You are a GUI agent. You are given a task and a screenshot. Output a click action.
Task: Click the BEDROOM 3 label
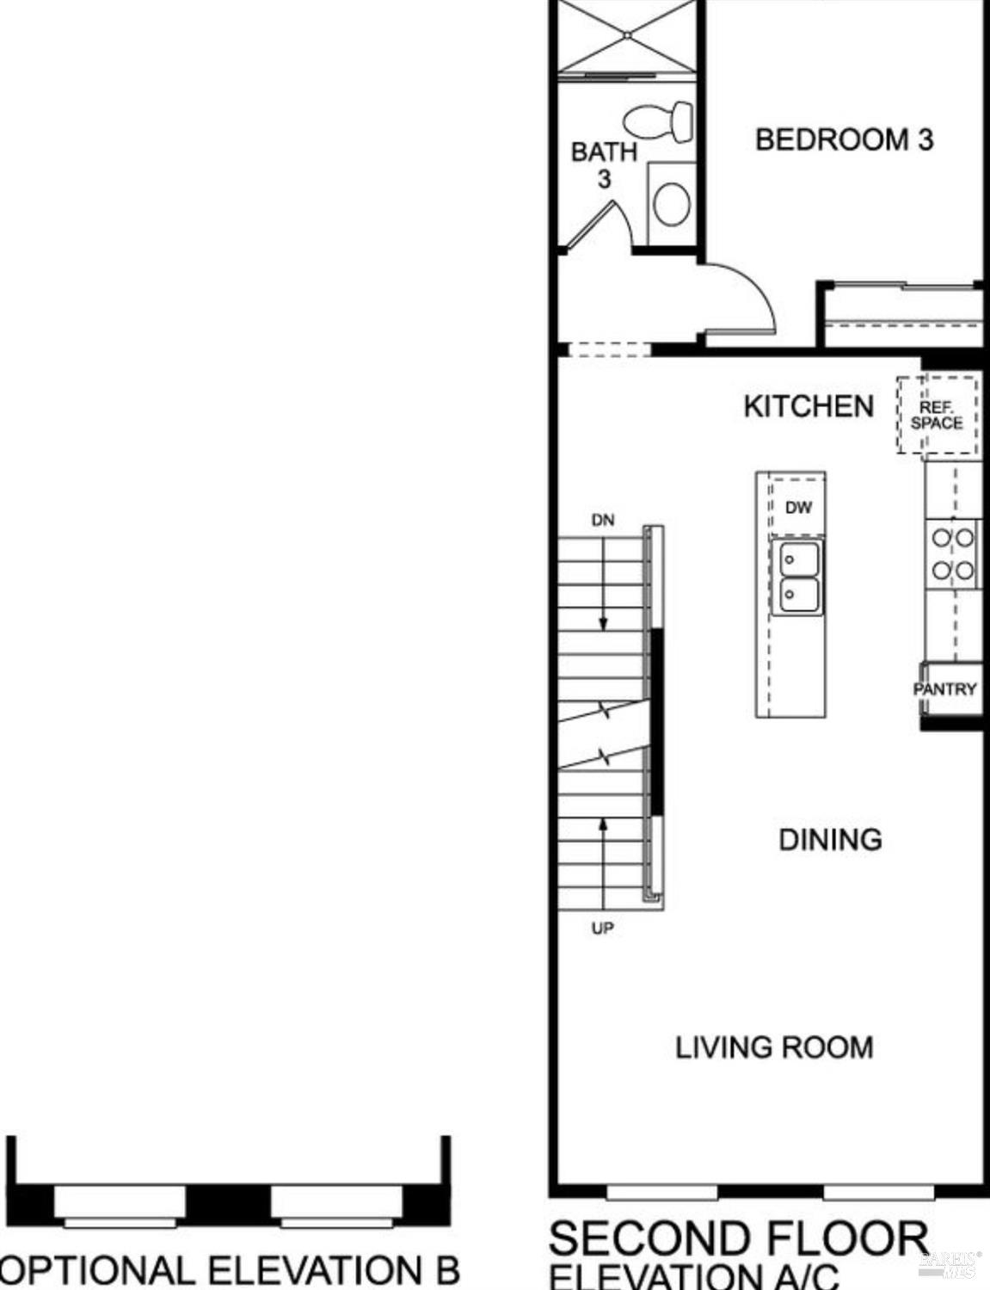click(x=844, y=140)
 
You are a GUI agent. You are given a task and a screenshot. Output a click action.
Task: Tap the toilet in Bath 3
click(x=658, y=122)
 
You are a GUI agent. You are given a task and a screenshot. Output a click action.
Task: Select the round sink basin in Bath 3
click(x=672, y=203)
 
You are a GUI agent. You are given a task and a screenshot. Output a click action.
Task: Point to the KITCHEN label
click(x=809, y=407)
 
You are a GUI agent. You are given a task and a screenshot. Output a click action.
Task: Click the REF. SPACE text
click(x=937, y=416)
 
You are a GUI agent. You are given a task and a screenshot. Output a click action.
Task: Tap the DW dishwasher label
click(x=798, y=508)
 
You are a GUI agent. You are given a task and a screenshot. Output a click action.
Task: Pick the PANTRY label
click(x=945, y=689)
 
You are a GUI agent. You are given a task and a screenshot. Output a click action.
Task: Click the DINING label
click(x=830, y=840)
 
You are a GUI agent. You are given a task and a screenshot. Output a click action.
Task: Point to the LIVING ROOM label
click(x=774, y=1047)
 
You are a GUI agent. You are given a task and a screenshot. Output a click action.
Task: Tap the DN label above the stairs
click(x=603, y=521)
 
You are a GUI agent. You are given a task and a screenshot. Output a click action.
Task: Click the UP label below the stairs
click(x=603, y=929)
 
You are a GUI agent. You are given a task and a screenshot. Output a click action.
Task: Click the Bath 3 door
click(x=590, y=225)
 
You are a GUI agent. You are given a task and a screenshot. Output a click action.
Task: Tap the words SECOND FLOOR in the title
click(x=739, y=1238)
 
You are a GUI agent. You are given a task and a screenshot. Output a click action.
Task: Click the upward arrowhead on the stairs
click(x=603, y=824)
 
